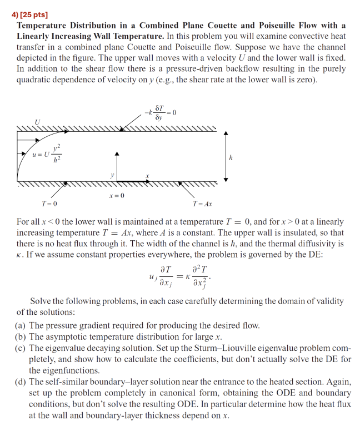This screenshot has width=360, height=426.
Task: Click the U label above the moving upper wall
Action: click(x=37, y=121)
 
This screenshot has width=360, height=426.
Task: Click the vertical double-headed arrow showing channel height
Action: click(x=226, y=157)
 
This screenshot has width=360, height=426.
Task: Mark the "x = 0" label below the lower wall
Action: click(x=117, y=196)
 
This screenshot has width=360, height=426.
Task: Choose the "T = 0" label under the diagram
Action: click(x=49, y=204)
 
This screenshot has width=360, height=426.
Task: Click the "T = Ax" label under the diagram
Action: click(x=202, y=204)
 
